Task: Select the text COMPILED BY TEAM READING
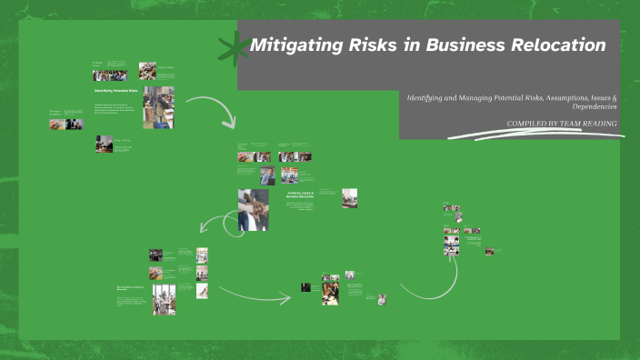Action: click(562, 124)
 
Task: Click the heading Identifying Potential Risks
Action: click(115, 91)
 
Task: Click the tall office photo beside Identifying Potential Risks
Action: click(158, 107)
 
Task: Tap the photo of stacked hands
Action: click(253, 209)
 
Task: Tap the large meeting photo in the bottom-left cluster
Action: click(164, 299)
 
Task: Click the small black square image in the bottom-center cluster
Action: click(306, 287)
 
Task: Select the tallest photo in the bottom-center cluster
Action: click(330, 293)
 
